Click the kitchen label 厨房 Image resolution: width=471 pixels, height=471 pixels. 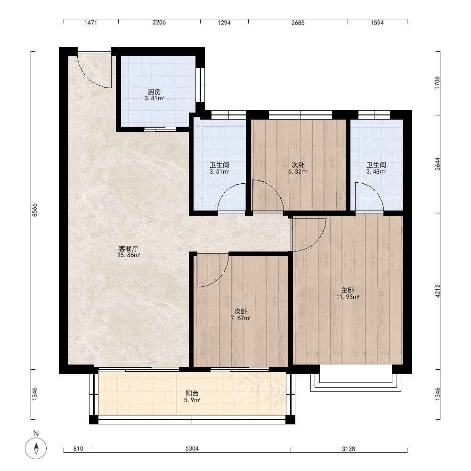[x=154, y=92]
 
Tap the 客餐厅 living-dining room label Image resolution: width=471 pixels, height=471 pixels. [x=128, y=249]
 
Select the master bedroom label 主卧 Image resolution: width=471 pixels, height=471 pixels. [x=347, y=290]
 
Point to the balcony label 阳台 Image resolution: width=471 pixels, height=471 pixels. [x=192, y=393]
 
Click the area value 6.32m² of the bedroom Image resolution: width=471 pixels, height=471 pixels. [x=298, y=172]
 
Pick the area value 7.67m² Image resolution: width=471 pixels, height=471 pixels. [x=241, y=318]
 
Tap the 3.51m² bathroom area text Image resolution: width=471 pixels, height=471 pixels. [x=219, y=172]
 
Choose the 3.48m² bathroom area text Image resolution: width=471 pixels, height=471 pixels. [x=376, y=172]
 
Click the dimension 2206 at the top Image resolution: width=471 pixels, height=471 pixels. [x=159, y=23]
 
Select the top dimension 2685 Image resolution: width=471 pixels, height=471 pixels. [x=298, y=23]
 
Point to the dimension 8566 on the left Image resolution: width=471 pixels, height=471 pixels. [x=35, y=210]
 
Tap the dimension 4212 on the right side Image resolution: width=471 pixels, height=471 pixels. [x=438, y=291]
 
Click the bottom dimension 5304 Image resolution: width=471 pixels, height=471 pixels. [x=192, y=449]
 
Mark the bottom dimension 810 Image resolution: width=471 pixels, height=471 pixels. [x=78, y=449]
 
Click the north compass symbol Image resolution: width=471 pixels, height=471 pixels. [x=36, y=448]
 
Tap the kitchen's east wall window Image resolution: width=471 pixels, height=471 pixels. [x=200, y=85]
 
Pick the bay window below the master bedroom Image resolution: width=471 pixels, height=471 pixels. [x=356, y=379]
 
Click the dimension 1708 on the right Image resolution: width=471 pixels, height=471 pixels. [x=438, y=82]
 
